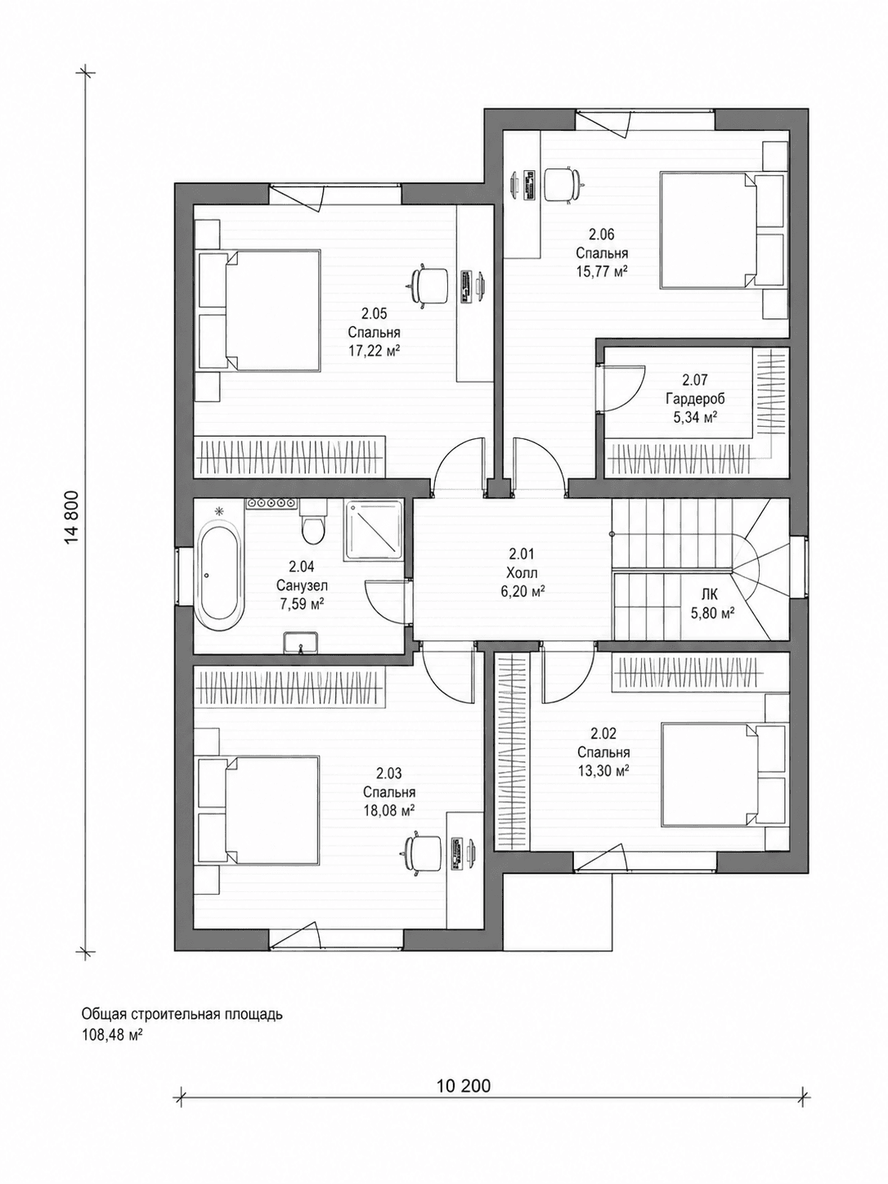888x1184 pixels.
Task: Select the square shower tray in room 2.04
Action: click(x=374, y=530)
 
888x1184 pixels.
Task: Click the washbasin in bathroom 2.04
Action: click(x=301, y=643)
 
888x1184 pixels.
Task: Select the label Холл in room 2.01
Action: click(x=522, y=573)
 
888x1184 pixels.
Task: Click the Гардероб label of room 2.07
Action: click(x=695, y=400)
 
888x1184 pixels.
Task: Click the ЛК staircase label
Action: click(x=710, y=595)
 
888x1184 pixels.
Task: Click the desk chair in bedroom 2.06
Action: click(x=563, y=184)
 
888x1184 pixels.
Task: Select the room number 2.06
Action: click(x=601, y=235)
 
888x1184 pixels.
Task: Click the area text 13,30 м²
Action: click(x=604, y=770)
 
